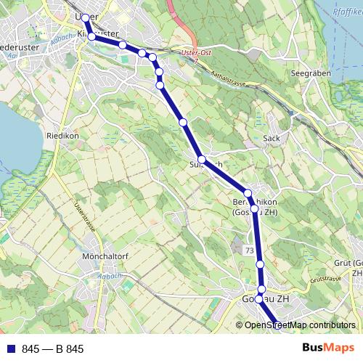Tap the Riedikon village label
[x=62, y=136]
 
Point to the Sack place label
[x=272, y=138]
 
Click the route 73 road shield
[x=249, y=250]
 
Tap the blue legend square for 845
[x=11, y=349]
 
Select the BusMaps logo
[x=327, y=348]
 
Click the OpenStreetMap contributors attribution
[x=300, y=325]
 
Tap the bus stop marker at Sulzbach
[x=202, y=160]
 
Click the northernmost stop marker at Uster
[x=86, y=17]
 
